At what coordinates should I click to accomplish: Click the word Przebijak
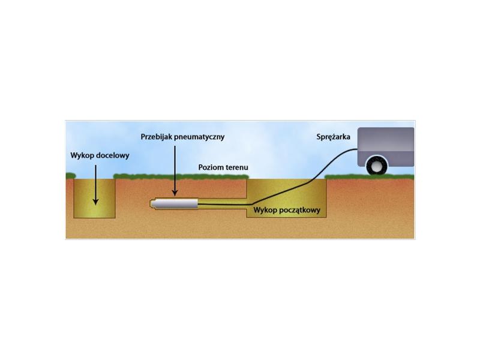[157, 137]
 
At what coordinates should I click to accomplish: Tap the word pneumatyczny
[199, 137]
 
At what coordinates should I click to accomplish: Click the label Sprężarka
[334, 137]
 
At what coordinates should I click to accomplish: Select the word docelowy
[113, 155]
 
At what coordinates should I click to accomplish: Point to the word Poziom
[209, 167]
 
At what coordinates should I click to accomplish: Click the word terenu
[235, 167]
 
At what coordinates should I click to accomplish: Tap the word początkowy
[300, 211]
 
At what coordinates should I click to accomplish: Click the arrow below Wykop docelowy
[95, 185]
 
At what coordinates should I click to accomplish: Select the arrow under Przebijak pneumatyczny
[175, 171]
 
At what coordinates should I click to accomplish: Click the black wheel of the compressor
[377, 166]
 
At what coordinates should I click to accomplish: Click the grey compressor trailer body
[386, 147]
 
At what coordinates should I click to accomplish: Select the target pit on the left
[94, 199]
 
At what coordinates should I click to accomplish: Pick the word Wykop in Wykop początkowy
[265, 211]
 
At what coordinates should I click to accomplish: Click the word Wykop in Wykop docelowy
[82, 155]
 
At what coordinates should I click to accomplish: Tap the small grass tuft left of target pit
[71, 176]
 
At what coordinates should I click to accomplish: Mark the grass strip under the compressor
[370, 176]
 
